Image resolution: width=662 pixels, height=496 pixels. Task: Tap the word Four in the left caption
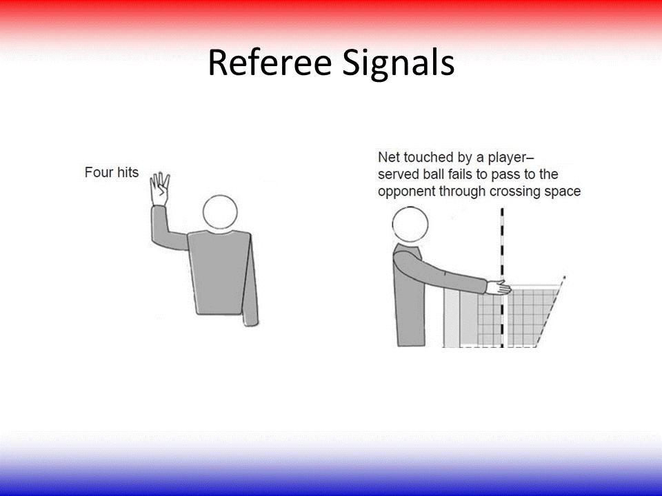97,172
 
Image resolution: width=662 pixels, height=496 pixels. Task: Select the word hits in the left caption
126,172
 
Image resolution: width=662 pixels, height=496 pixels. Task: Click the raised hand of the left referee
160,188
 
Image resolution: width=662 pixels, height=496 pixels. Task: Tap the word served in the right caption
397,175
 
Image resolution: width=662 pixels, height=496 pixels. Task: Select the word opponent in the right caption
405,192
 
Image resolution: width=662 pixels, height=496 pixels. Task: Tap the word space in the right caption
563,192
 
